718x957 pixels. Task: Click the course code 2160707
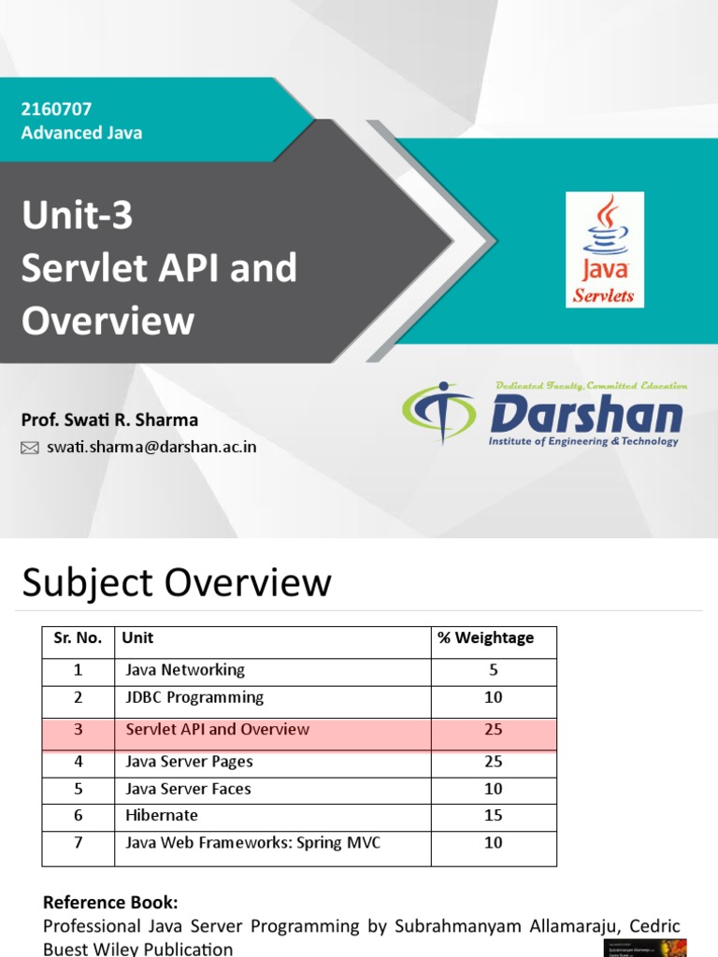(56, 109)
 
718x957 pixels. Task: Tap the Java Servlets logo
(605, 250)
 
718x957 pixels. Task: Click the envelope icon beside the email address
(30, 448)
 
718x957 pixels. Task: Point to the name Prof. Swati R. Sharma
(109, 420)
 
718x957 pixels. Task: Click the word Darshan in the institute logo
(585, 414)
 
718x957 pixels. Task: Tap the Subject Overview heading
(176, 583)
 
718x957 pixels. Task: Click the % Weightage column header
(485, 638)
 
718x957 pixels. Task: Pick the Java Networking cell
(185, 670)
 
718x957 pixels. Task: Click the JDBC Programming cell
(194, 697)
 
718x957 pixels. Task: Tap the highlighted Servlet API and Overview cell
(217, 730)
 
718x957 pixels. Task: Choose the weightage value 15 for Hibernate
(493, 816)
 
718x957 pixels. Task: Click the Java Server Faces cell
(188, 789)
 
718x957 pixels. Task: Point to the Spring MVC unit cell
(252, 843)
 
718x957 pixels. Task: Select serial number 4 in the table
(79, 762)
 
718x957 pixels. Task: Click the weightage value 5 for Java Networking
(493, 670)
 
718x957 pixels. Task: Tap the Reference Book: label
(109, 903)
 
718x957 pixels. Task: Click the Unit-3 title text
(78, 217)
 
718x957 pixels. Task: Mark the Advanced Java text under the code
(81, 133)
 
